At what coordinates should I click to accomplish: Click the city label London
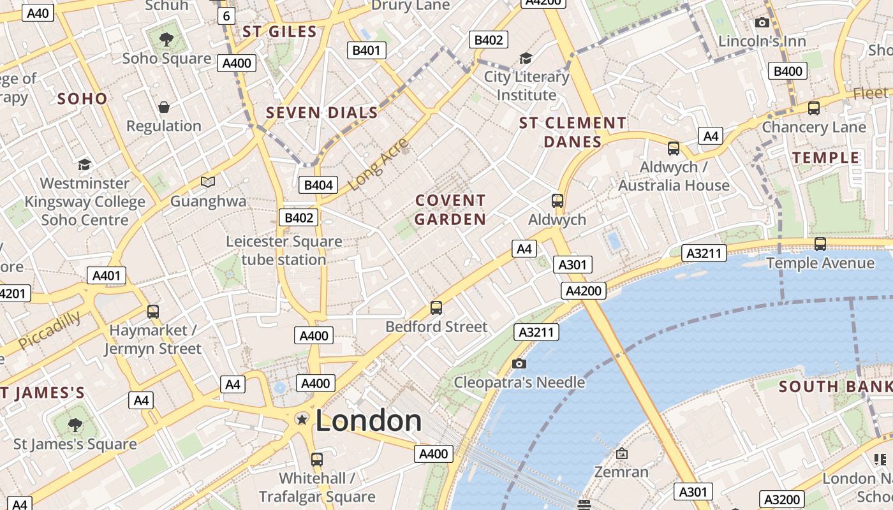[x=368, y=421]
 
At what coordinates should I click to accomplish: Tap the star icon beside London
[x=302, y=419]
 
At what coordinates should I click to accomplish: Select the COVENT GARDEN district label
[x=450, y=210]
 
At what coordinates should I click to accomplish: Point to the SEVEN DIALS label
[x=322, y=113]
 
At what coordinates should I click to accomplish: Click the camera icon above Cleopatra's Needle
[x=519, y=363]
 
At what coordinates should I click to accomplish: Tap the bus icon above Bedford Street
[x=436, y=308]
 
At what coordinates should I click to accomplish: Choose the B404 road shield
[x=318, y=185]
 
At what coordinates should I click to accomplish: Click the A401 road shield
[x=107, y=275]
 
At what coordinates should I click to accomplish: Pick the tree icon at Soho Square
[x=166, y=40]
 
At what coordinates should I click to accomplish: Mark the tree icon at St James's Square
[x=75, y=425]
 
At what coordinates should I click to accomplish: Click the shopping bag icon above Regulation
[x=164, y=107]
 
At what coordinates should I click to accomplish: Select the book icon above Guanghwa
[x=208, y=182]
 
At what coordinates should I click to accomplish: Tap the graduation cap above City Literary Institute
[x=526, y=59]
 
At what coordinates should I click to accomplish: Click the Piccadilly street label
[x=50, y=330]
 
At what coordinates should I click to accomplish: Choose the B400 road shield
[x=787, y=71]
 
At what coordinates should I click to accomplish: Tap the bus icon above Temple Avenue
[x=820, y=244]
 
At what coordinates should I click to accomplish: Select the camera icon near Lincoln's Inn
[x=762, y=23]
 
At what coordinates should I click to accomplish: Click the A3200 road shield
[x=781, y=499]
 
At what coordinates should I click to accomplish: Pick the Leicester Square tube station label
[x=284, y=251]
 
